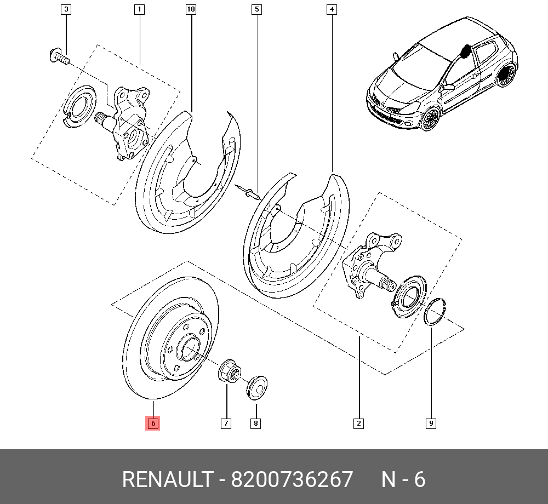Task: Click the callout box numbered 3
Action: click(66, 9)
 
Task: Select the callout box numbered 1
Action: click(139, 9)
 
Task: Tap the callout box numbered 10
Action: click(191, 9)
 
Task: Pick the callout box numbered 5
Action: click(256, 9)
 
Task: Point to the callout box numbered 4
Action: click(332, 9)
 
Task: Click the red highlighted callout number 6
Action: click(153, 423)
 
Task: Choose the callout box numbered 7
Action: click(226, 423)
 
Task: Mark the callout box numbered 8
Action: click(255, 423)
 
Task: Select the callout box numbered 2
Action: click(358, 423)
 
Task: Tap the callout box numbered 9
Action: click(431, 423)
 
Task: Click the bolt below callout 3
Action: click(56, 55)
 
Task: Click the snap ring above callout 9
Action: click(437, 313)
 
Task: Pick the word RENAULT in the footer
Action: click(167, 480)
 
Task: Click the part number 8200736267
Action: click(292, 480)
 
